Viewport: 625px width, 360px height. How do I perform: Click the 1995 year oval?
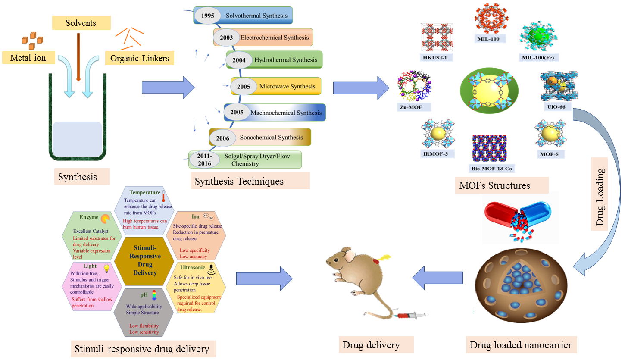pyautogui.click(x=208, y=16)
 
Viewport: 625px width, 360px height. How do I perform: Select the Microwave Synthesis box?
pyautogui.click(x=276, y=86)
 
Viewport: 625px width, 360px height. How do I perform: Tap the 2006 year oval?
pyautogui.click(x=222, y=138)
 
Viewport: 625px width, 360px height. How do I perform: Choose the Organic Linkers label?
pyautogui.click(x=139, y=58)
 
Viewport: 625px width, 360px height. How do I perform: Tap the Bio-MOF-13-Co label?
pyautogui.click(x=492, y=168)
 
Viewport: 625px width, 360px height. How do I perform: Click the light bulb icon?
pyautogui.click(x=106, y=268)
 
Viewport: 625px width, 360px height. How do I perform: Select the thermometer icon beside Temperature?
pyautogui.click(x=164, y=196)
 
